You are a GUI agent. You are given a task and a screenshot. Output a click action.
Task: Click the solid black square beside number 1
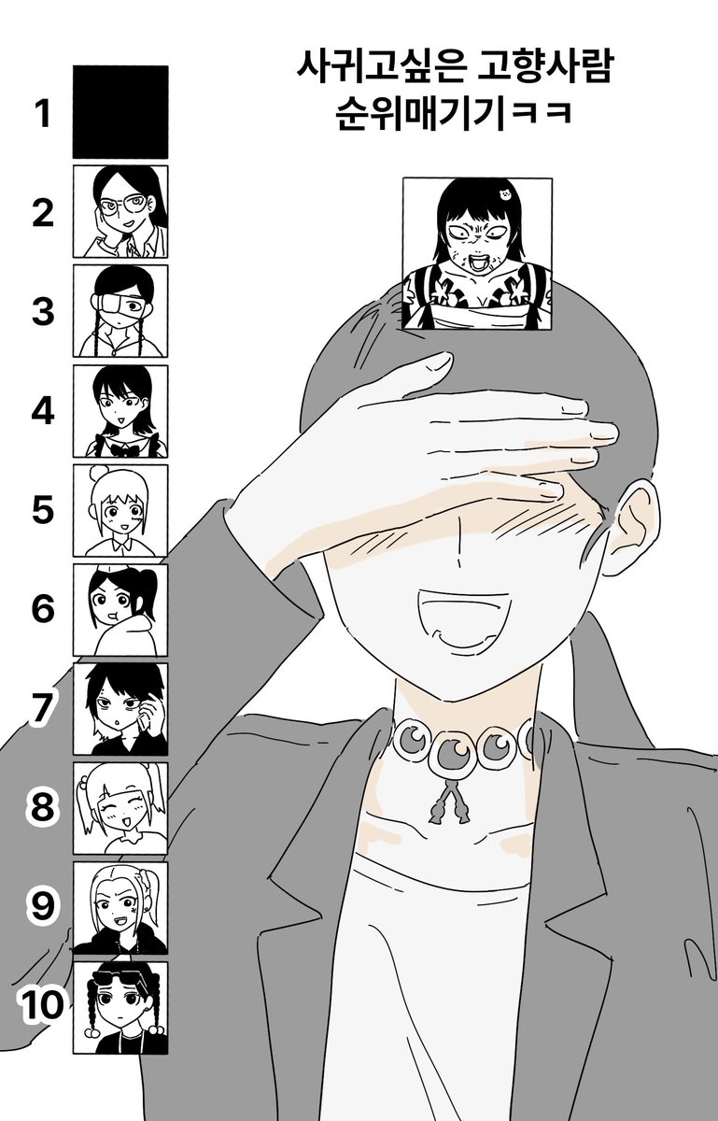[x=120, y=112]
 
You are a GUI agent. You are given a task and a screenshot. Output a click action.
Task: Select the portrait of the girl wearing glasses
[x=120, y=212]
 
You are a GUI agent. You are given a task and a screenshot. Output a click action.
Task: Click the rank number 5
[x=43, y=510]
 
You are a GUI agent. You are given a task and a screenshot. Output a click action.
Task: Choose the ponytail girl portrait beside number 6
[x=120, y=610]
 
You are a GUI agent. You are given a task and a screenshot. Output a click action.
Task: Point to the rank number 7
[x=43, y=709]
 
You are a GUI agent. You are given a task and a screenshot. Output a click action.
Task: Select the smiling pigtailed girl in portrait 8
[x=120, y=809]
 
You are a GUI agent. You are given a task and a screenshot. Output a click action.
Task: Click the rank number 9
[x=43, y=908]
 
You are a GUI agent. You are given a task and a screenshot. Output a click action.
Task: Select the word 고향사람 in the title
[x=544, y=68]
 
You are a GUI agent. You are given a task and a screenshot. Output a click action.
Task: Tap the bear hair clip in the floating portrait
[x=504, y=193]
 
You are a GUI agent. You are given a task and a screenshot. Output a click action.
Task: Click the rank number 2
[x=43, y=213]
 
